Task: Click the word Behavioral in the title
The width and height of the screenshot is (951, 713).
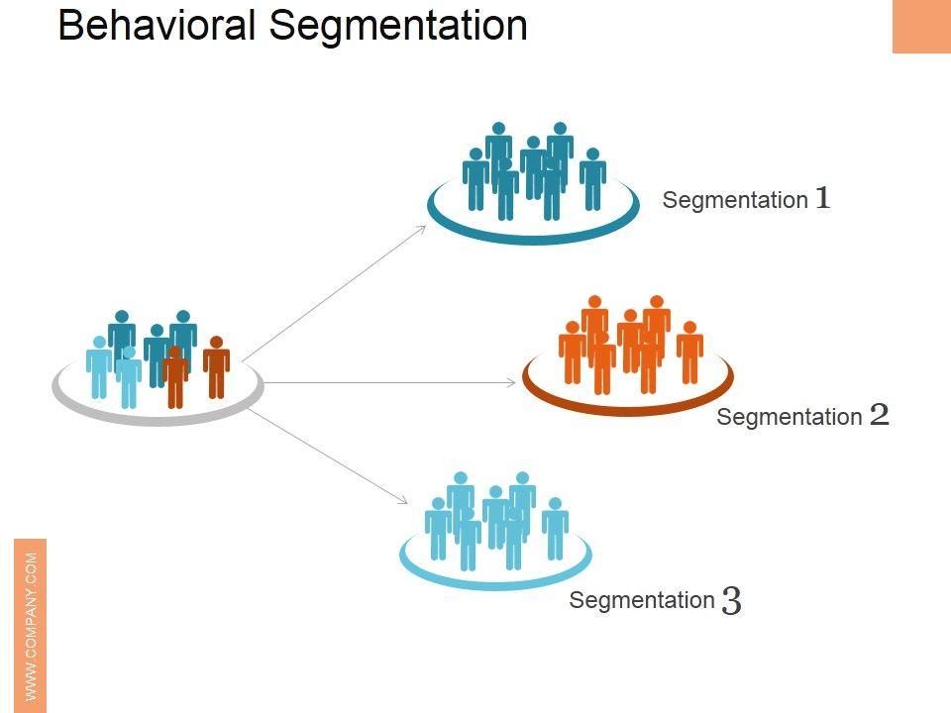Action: [x=157, y=26]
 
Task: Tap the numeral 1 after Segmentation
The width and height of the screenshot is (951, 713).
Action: [x=822, y=198]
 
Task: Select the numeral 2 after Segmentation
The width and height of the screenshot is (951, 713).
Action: [x=879, y=415]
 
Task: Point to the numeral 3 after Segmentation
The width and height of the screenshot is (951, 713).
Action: [x=731, y=601]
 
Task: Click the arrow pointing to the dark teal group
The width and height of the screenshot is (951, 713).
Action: [x=334, y=293]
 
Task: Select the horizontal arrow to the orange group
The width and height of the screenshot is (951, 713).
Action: [x=389, y=382]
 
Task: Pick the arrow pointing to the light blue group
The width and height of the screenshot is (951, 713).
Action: [x=328, y=456]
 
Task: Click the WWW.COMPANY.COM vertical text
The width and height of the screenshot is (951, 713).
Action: [x=31, y=626]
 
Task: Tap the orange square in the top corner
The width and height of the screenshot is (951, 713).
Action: [x=921, y=26]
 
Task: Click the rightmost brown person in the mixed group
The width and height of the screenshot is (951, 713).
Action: [x=217, y=367]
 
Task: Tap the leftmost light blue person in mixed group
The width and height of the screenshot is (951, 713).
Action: [x=99, y=367]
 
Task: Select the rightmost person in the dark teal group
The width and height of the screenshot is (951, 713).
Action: [x=592, y=179]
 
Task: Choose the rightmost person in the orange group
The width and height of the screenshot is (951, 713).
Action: [x=690, y=353]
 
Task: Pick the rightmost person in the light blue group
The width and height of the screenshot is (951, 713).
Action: [x=555, y=529]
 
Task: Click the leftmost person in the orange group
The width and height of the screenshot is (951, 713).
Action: [x=573, y=353]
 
